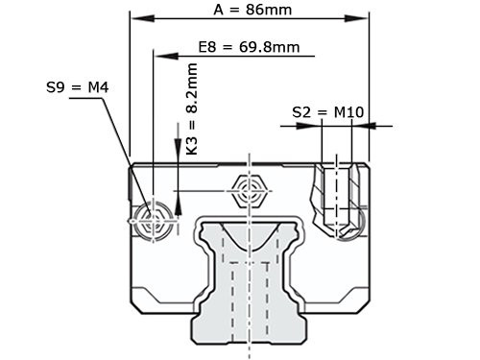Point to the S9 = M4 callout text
click(77, 87)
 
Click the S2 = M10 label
click(326, 112)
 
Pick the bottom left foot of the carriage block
click(154, 303)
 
